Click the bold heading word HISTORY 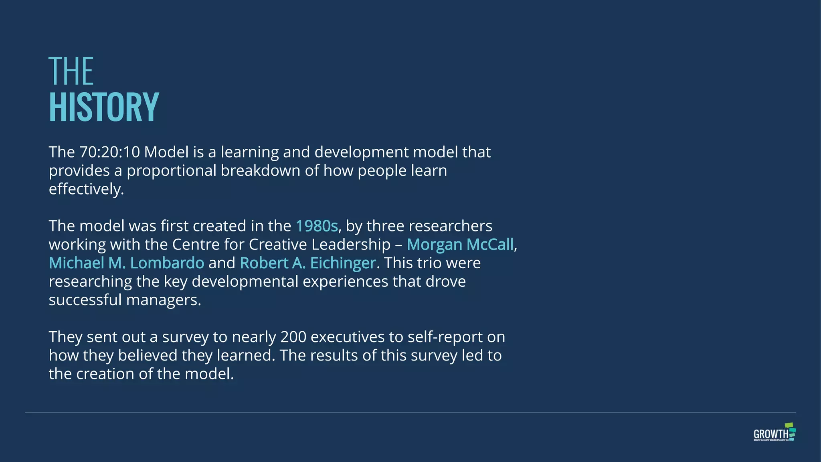tap(104, 107)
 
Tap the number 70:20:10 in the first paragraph tap(109, 152)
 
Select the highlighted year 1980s tap(317, 226)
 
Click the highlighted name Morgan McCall tap(460, 245)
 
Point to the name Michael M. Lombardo tap(126, 263)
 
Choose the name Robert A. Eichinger tap(307, 263)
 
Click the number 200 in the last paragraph tap(293, 337)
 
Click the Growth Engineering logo tap(774, 432)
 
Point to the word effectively tap(86, 189)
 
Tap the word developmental tap(245, 282)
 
